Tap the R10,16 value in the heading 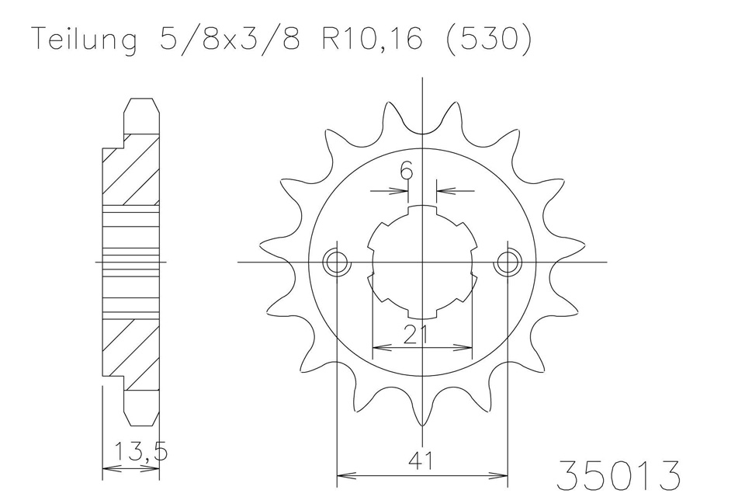(x=372, y=39)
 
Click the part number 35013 (x=618, y=475)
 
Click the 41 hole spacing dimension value (x=421, y=461)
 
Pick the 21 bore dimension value (x=416, y=335)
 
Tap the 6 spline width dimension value (x=406, y=171)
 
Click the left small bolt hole (x=336, y=262)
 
